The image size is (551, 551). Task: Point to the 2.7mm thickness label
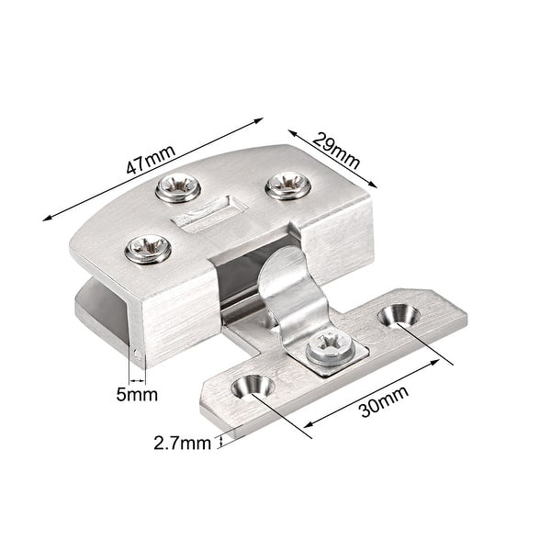click(x=182, y=443)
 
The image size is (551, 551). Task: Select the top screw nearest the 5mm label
click(x=147, y=248)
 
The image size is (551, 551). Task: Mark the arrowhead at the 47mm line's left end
click(x=47, y=219)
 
